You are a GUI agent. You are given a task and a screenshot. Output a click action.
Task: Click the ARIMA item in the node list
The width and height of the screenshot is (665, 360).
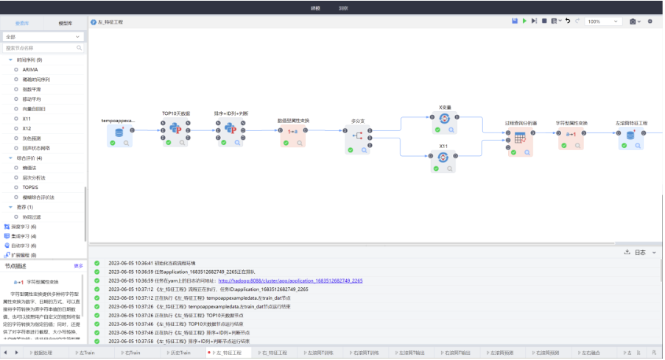point(30,69)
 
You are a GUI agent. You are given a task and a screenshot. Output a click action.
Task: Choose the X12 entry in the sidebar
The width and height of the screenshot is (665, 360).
point(27,128)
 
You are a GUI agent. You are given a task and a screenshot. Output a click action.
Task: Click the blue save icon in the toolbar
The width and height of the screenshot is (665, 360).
point(514,21)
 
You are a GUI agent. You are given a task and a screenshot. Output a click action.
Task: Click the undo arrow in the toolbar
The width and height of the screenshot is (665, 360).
point(567,21)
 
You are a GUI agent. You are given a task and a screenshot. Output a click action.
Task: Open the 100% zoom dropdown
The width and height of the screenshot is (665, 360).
point(603,21)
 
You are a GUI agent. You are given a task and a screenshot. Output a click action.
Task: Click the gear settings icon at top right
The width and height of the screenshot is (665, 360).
point(650,21)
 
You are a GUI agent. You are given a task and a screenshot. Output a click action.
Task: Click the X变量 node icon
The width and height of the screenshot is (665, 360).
point(444,119)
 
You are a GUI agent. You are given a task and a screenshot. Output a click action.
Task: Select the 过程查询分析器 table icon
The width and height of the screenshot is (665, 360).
point(519,138)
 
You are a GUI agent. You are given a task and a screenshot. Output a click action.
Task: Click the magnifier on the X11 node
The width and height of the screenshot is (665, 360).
point(452,169)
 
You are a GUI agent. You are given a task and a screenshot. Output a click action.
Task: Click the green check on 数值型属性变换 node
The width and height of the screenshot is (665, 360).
point(285,142)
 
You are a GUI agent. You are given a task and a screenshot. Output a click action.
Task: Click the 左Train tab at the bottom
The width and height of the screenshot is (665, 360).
point(86,353)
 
